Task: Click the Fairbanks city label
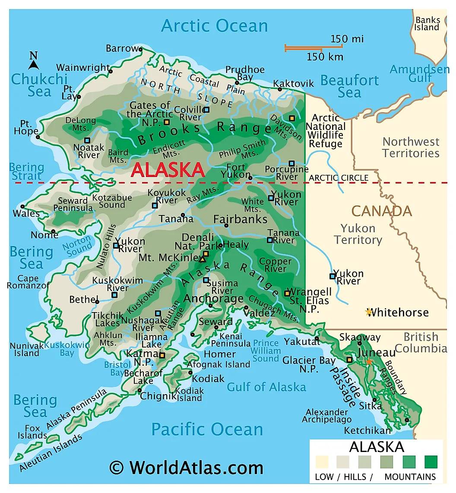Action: [240, 219]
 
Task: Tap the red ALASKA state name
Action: [168, 170]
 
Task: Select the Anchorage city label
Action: [213, 298]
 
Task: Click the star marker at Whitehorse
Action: [368, 312]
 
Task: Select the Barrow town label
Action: [122, 48]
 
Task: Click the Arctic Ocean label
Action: [214, 25]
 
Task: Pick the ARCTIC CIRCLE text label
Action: [339, 178]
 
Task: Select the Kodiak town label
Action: [208, 379]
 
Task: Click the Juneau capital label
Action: [376, 353]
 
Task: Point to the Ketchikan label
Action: [367, 430]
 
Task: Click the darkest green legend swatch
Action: [431, 462]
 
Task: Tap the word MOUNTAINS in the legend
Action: [410, 477]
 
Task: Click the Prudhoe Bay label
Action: [245, 73]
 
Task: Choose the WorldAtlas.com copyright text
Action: [186, 468]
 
